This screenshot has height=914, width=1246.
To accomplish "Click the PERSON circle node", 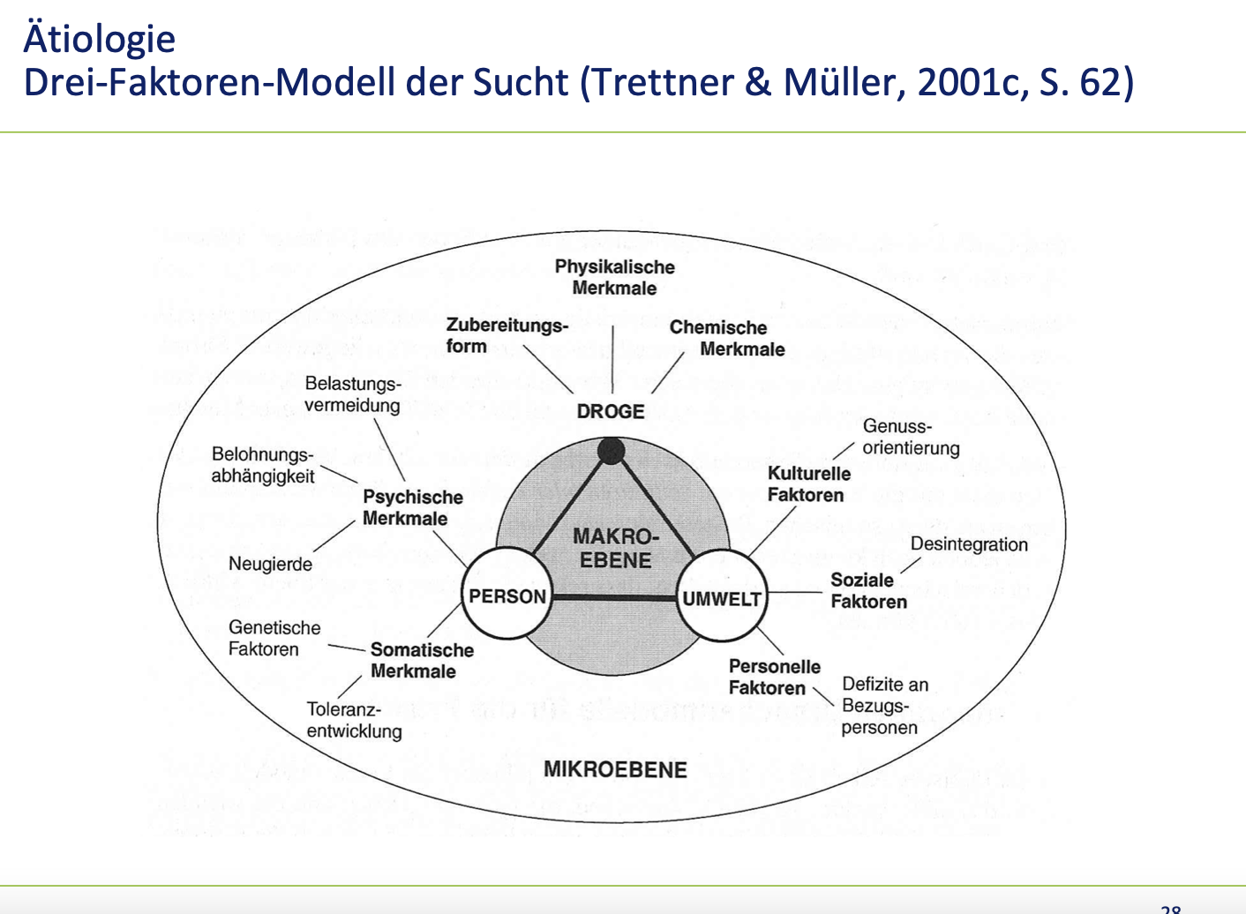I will (507, 596).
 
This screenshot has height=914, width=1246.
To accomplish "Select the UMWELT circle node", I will (722, 598).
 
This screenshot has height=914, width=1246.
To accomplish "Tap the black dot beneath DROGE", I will (611, 451).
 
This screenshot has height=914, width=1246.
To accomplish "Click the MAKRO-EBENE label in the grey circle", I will (615, 548).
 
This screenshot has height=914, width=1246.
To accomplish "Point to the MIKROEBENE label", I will (615, 769).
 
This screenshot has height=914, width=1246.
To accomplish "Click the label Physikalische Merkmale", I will (614, 277).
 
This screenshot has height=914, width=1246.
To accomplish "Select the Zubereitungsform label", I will (507, 335).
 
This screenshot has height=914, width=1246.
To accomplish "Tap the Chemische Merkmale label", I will (726, 338).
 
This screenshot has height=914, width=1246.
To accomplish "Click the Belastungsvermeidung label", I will (352, 394).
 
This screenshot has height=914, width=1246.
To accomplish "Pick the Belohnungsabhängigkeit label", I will (263, 465).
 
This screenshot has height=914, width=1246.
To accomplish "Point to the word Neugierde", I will (270, 564).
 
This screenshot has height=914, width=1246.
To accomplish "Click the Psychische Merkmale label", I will (412, 507).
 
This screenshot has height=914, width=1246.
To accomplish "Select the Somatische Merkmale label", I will (421, 660).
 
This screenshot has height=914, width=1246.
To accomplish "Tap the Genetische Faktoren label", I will (274, 638).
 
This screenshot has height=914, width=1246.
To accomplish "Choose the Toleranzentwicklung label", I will (354, 720).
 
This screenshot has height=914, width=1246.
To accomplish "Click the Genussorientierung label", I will (910, 437).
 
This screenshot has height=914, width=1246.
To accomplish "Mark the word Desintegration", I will (969, 544).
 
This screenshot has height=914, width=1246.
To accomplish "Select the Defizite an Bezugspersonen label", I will (884, 706).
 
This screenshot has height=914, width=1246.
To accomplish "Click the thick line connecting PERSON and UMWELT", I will (613, 597).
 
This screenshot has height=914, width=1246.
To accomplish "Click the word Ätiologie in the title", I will (100, 39).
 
